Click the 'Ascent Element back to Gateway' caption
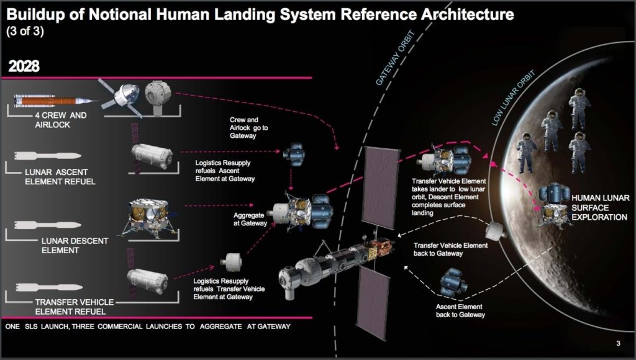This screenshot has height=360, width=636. (459, 311)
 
